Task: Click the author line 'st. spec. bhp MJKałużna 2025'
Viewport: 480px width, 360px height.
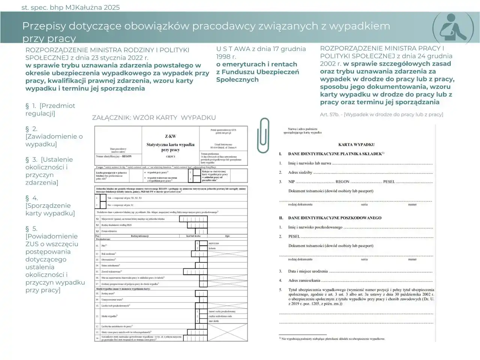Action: pos(70,7)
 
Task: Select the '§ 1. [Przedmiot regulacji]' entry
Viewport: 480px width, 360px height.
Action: pos(50,109)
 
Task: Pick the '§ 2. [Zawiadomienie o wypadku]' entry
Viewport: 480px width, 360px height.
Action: pos(54,136)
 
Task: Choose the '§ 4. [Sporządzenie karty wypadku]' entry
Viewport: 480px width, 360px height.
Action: pos(50,205)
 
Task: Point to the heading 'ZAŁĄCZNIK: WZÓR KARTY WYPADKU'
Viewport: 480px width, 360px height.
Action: pos(154,118)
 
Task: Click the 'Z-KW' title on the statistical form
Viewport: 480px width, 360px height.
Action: pos(170,136)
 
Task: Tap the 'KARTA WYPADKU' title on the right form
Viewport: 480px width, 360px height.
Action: pos(356,144)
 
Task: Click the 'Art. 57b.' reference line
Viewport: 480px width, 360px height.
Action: pos(381,114)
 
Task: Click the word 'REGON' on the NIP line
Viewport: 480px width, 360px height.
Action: pos(342,182)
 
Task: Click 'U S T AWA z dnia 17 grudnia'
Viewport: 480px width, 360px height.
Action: pos(261,49)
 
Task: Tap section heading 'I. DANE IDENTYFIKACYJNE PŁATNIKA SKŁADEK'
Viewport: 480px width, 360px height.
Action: pos(335,154)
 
